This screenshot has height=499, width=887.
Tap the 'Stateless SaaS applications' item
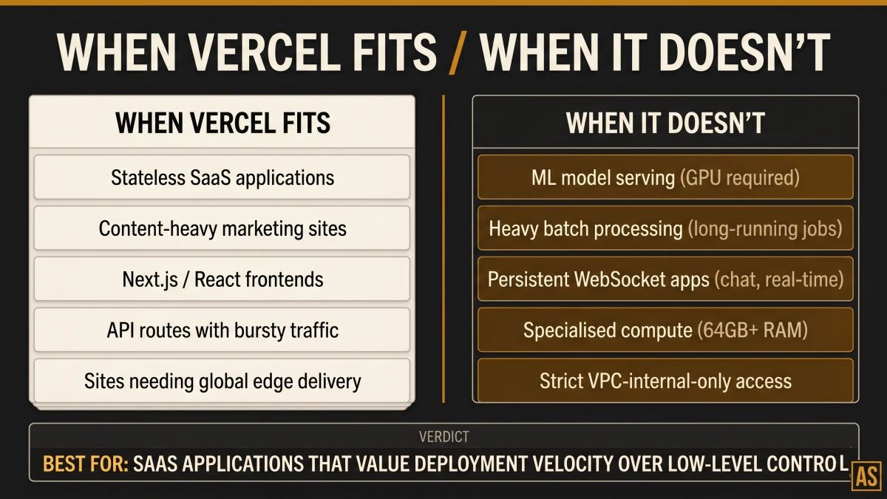pos(222,177)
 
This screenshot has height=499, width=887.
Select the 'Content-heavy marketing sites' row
pos(222,228)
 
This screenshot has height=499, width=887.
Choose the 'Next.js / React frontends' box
pos(222,279)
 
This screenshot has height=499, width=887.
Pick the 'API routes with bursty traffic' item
pos(222,330)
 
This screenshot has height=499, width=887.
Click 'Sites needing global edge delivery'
pos(222,381)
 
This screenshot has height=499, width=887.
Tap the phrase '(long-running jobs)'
pos(765,228)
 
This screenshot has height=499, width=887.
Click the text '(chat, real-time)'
pos(779,279)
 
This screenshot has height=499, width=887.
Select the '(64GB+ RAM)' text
pos(752,330)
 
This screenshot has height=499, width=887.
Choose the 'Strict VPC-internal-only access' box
pos(665,381)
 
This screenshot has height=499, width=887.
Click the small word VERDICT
pos(443,437)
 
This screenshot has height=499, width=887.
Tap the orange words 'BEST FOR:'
pos(86,464)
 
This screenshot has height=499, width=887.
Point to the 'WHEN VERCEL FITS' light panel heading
pos(222,123)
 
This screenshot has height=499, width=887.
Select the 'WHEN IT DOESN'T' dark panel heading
pos(665,123)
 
